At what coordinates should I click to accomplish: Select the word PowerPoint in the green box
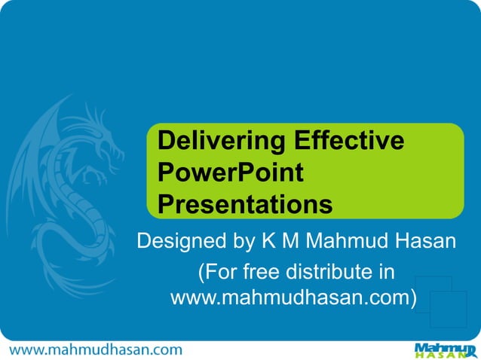pos(231,173)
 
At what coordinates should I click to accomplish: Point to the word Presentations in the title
pos(246,205)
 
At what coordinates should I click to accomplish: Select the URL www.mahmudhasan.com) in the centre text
pos(294,298)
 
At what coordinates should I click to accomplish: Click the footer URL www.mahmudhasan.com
pos(96,349)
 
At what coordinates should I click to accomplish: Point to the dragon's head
pos(102,132)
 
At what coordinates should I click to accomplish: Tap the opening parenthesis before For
pos(201,271)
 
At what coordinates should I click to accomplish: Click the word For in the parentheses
pos(221,271)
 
